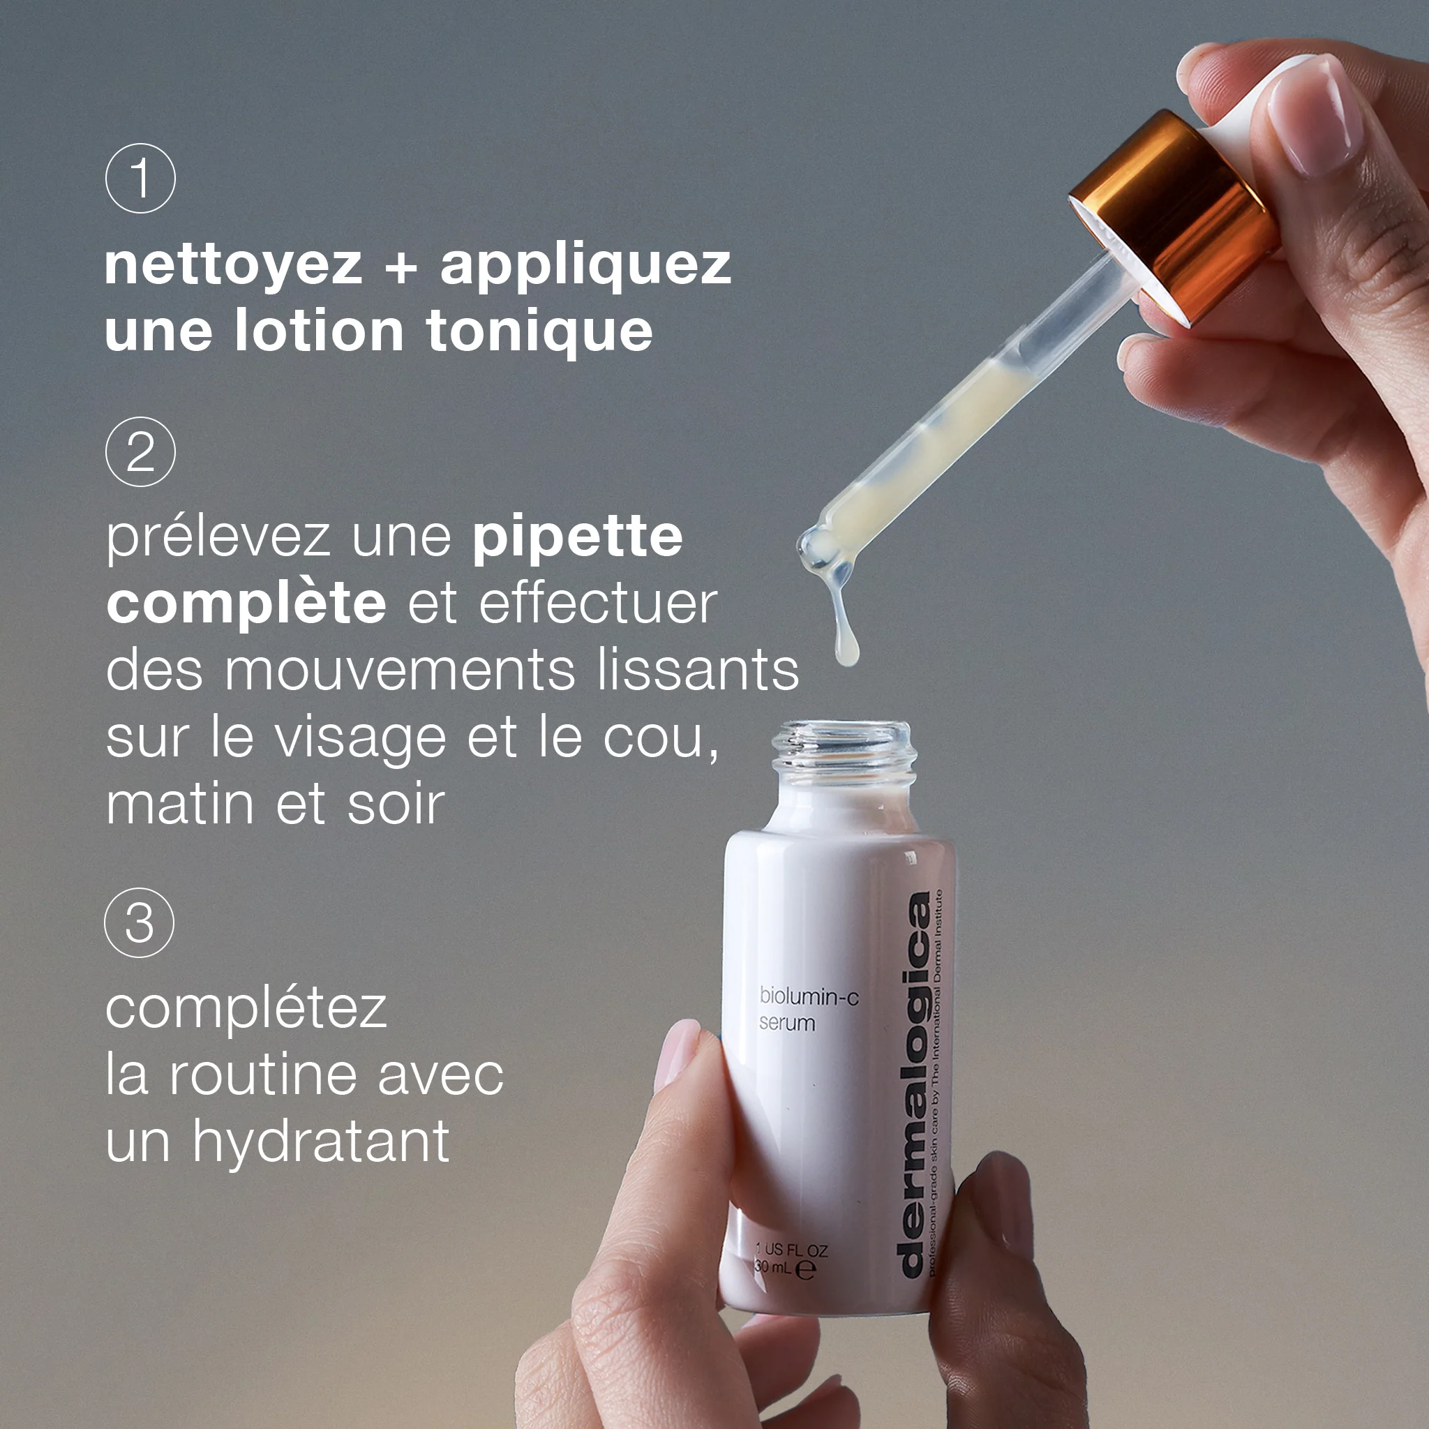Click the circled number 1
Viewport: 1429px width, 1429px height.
(140, 178)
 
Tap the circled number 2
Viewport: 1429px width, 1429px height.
(140, 451)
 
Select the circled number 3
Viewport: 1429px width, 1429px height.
(140, 922)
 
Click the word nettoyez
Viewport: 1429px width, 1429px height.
(233, 267)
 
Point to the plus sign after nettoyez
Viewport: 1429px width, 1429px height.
(401, 267)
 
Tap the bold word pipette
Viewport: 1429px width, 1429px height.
(578, 538)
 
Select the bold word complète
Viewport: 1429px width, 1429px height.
(246, 604)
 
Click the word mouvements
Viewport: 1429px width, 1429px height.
(400, 670)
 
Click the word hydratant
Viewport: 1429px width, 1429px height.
(321, 1142)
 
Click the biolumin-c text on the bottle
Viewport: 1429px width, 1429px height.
(809, 996)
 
